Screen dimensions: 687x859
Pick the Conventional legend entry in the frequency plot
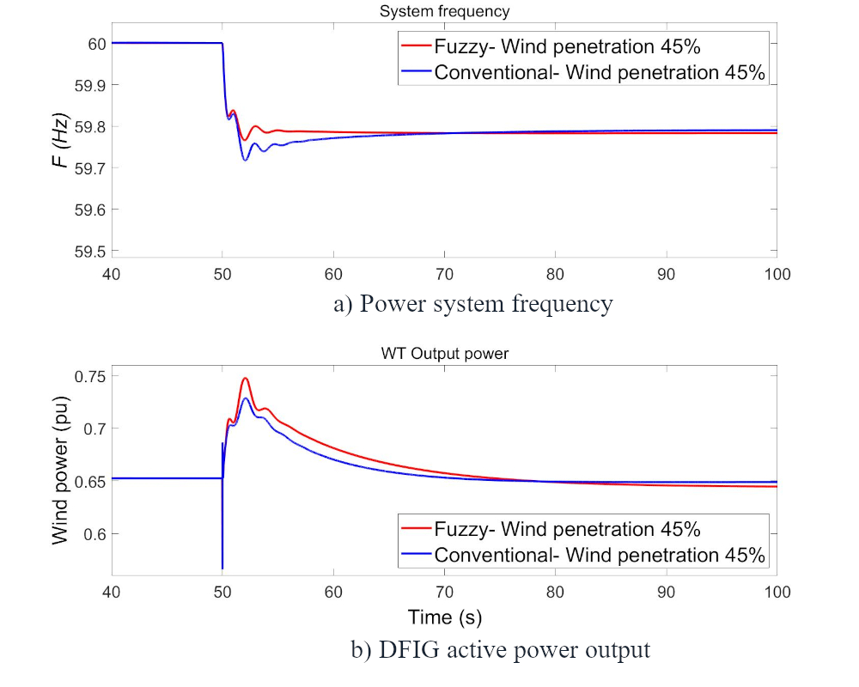point(581,72)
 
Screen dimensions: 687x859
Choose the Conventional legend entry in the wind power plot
point(581,555)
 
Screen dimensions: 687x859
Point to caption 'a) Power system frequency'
point(473,304)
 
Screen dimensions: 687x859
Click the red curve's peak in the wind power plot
point(246,378)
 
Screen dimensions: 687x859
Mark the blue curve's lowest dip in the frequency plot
point(245,160)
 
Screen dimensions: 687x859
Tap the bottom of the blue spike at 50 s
point(222,568)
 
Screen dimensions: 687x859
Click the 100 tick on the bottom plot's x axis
point(777,592)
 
